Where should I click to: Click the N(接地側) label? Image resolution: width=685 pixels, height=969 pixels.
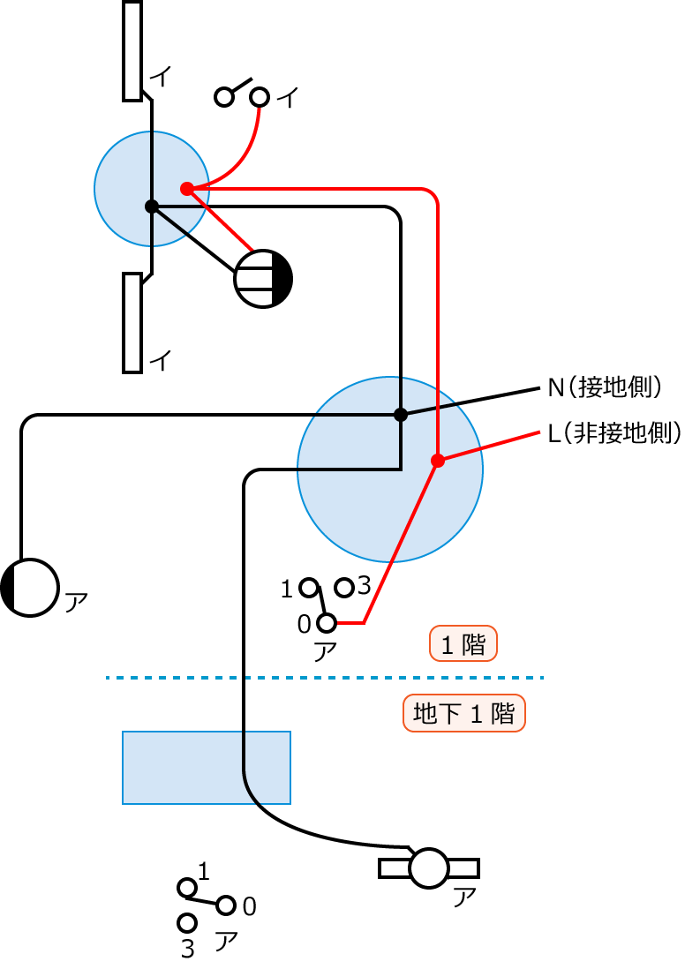coord(605,387)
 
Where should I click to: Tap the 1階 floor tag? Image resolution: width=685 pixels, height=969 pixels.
coord(463,644)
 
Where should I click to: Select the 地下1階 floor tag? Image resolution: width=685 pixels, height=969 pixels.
coord(464,713)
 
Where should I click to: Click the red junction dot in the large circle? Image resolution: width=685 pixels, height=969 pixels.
coord(437,461)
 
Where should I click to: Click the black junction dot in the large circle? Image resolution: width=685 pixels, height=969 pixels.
coord(400,414)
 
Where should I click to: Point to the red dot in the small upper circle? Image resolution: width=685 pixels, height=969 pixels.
coord(186,189)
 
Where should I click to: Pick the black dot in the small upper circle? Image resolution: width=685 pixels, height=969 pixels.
coord(151,207)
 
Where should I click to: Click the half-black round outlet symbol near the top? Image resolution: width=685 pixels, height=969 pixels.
coord(263,279)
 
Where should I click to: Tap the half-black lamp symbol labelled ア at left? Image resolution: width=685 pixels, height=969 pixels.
coord(30,587)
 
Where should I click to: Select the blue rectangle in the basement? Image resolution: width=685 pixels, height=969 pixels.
coord(207,767)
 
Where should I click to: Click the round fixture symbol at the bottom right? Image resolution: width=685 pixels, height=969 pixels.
coord(430,868)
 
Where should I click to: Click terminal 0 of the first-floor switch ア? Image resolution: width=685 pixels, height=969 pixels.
coord(327,624)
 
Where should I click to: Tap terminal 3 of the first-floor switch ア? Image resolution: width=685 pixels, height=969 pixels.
coord(345,587)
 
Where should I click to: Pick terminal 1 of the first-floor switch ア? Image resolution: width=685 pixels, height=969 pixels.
coord(309,587)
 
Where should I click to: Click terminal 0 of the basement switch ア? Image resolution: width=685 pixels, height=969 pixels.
coord(227,905)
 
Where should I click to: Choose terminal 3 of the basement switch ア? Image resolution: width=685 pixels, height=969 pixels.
coord(186,923)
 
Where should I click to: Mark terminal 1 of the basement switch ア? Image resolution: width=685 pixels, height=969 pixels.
coord(186,887)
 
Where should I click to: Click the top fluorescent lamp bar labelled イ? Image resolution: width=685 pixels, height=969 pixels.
coord(132,50)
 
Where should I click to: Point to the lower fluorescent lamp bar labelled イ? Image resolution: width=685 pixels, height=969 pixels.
coord(132,322)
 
